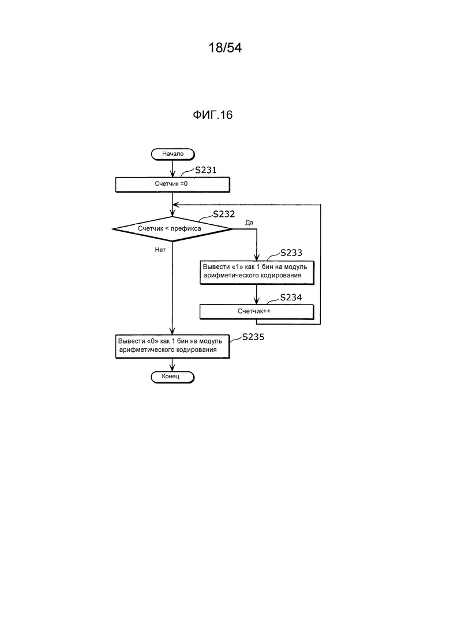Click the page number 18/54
[x=225, y=48]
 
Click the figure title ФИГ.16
[x=213, y=115]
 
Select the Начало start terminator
[x=173, y=154]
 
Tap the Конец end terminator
[x=172, y=377]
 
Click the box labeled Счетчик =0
[x=172, y=185]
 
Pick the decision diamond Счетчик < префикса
[x=172, y=229]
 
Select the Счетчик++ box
[x=257, y=311]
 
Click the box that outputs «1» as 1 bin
[x=257, y=272]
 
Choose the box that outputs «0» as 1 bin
[x=172, y=347]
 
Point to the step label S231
[x=206, y=170]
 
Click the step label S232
[x=224, y=214]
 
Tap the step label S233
[x=291, y=253]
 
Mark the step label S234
[x=291, y=298]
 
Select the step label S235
[x=253, y=337]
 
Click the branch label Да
[x=249, y=223]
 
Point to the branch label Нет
[x=160, y=250]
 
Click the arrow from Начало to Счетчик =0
[x=172, y=168]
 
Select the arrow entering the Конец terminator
[x=172, y=364]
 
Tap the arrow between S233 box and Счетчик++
[x=257, y=294]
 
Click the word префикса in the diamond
[x=186, y=228]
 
